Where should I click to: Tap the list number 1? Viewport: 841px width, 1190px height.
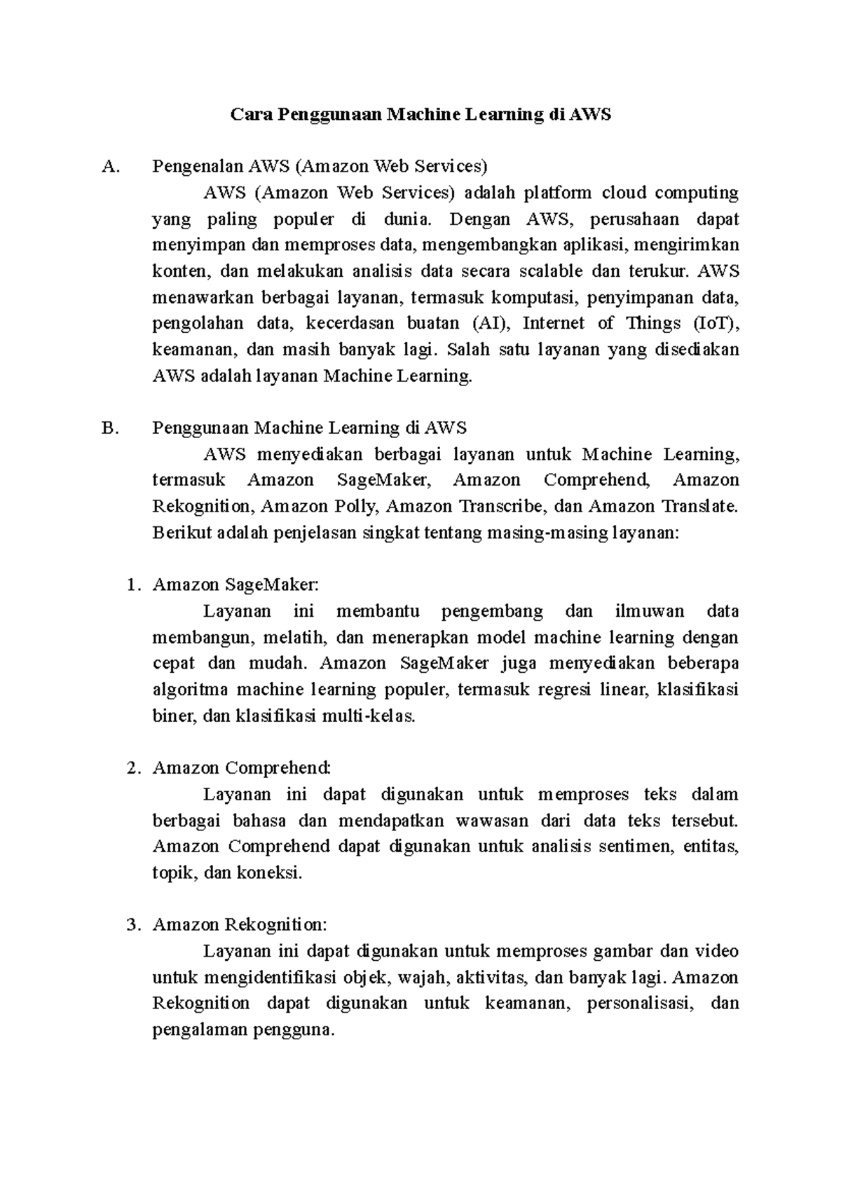132,585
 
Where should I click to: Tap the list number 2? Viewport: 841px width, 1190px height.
132,768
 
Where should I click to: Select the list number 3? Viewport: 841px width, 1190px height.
132,925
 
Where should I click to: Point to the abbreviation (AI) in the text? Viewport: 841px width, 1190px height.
488,324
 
